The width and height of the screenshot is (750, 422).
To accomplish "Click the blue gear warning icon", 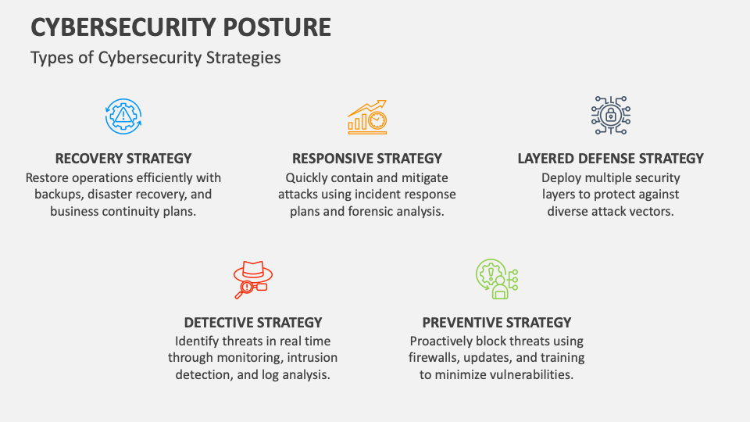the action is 123,116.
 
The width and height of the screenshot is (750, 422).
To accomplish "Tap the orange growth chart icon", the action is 367,117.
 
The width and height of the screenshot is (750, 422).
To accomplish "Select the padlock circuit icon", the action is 611,116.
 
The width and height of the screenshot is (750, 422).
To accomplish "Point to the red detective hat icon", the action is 253,280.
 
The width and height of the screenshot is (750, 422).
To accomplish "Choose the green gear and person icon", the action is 497,279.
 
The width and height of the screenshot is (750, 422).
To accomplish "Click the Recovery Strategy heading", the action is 123,159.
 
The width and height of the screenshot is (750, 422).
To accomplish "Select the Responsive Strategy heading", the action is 367,159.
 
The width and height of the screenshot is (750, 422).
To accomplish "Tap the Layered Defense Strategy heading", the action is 611,159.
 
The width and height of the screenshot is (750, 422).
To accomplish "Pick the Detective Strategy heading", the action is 253,323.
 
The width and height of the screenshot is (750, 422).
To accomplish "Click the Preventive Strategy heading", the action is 497,323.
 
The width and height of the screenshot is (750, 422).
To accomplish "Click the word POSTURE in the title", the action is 277,27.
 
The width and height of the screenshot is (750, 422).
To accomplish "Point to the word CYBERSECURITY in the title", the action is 123,27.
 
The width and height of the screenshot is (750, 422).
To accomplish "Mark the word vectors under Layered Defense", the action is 652,212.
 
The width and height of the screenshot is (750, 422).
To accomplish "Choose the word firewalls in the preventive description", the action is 433,357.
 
